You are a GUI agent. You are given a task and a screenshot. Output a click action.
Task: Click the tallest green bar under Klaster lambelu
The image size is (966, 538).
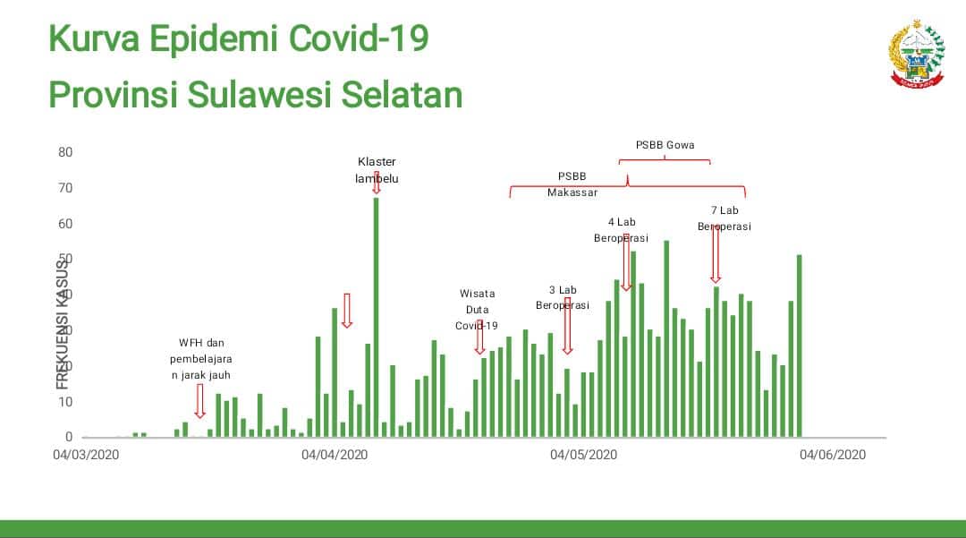376,318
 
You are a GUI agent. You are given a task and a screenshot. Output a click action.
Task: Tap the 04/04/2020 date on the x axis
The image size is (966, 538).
335,455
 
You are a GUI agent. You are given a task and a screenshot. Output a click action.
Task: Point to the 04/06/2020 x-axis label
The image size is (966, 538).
833,455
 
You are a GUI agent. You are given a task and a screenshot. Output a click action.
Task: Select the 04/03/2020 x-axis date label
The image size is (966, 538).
86,455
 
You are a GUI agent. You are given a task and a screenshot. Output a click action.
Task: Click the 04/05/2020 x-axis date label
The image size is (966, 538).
584,455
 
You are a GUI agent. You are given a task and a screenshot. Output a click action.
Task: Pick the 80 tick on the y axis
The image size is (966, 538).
65,152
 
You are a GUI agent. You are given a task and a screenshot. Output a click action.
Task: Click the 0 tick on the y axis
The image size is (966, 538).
69,437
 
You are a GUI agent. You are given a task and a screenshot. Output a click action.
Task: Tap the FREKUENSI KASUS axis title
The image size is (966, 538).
63,323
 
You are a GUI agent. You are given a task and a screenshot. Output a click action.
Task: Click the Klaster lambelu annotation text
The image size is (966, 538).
377,170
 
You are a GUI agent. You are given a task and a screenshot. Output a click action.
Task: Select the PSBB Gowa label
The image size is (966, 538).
665,145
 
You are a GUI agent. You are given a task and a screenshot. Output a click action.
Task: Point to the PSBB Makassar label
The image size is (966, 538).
572,184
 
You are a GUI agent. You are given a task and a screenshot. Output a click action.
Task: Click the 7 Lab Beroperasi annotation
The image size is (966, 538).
724,218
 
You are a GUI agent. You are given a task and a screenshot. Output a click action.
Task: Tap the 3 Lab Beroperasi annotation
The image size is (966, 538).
563,297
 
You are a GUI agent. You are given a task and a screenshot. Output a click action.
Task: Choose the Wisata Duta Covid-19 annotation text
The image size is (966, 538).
477,309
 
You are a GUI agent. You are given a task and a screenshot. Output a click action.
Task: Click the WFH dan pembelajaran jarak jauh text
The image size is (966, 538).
201,359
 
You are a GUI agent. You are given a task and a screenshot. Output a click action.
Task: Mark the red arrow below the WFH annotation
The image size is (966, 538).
199,401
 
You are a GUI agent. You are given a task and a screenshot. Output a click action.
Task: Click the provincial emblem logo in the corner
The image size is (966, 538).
917,54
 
